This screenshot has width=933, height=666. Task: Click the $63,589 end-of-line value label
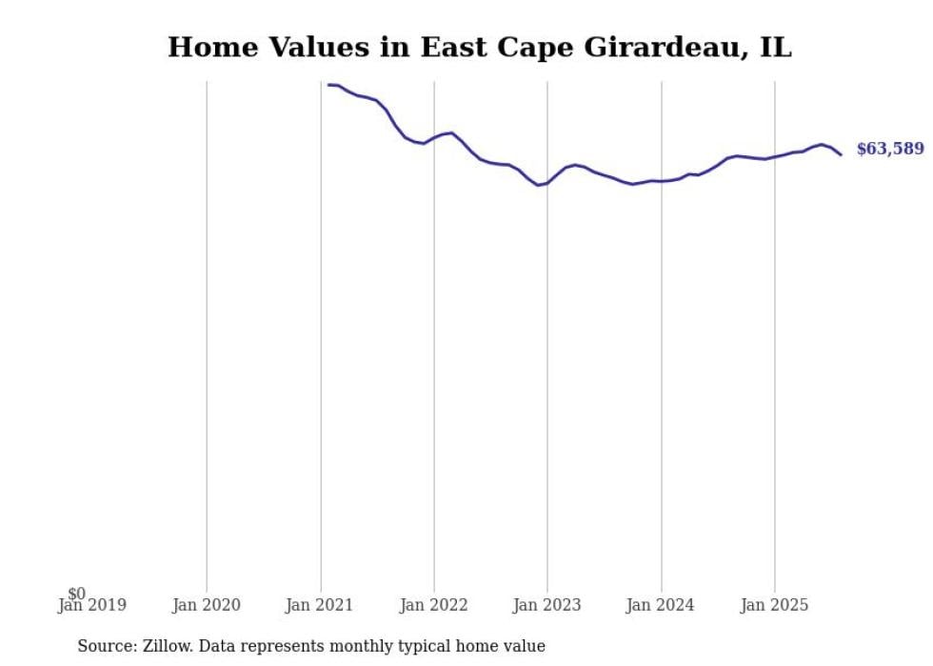tap(889, 149)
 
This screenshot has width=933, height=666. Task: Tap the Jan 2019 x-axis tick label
tap(92, 605)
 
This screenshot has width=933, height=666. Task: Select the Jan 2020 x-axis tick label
tap(207, 605)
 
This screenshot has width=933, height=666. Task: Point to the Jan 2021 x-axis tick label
tap(320, 605)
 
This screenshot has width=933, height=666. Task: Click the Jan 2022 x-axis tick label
tap(434, 605)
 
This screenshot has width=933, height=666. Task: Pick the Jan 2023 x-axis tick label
tap(547, 605)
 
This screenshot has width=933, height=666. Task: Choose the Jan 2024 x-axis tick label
tap(662, 605)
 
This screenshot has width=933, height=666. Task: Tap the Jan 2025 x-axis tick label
tap(775, 605)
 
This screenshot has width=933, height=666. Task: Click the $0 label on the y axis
tap(76, 594)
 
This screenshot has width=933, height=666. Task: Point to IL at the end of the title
tap(775, 47)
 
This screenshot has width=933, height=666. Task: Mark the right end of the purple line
tap(841, 154)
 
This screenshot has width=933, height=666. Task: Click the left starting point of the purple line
tap(328, 85)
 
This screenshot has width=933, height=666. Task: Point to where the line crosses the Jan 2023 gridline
tap(547, 182)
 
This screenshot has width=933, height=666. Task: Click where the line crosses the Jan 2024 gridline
tap(662, 181)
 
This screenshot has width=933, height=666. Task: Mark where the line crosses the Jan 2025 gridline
tap(775, 156)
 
